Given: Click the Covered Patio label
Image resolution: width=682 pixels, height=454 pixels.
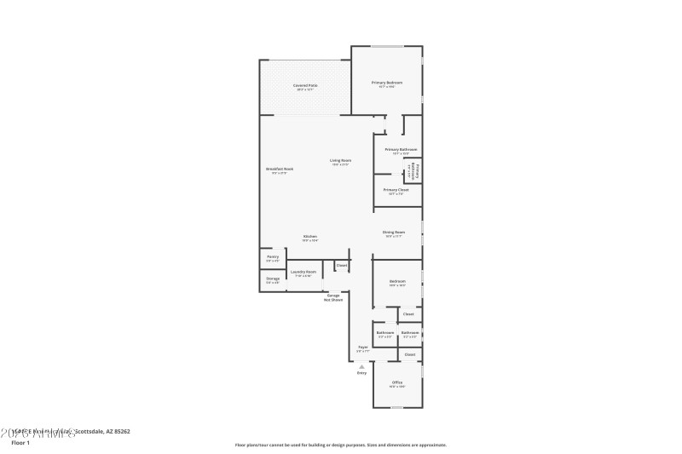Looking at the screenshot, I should click(x=303, y=86).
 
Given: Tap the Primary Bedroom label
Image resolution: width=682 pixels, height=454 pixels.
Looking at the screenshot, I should click(x=386, y=83).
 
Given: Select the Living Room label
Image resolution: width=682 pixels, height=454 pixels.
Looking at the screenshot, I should click(x=341, y=161).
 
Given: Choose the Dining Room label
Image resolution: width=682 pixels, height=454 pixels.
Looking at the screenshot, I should click(x=394, y=232).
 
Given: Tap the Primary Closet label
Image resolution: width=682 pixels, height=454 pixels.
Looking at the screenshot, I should click(x=396, y=190).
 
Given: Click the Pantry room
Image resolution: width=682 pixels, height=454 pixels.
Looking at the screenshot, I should click(x=273, y=257).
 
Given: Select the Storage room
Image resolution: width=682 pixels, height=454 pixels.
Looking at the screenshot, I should click(x=273, y=279).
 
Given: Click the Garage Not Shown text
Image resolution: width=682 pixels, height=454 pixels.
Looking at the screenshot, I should click(x=334, y=297).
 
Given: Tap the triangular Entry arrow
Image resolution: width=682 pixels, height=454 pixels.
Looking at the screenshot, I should click(x=361, y=367).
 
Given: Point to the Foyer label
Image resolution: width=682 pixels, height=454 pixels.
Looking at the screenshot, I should click(x=362, y=348).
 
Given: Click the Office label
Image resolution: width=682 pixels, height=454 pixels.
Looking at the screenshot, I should click(x=397, y=383).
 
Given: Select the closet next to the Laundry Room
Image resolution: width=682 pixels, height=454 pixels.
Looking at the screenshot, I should click(x=341, y=266).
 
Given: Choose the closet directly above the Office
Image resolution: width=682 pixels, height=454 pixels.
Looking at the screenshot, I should click(x=409, y=354).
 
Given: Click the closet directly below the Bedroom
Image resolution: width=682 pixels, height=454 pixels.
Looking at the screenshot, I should click(x=408, y=314).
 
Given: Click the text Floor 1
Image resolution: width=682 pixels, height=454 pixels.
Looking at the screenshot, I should click(x=19, y=443).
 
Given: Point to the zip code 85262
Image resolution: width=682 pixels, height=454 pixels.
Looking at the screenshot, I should click(x=120, y=432).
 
